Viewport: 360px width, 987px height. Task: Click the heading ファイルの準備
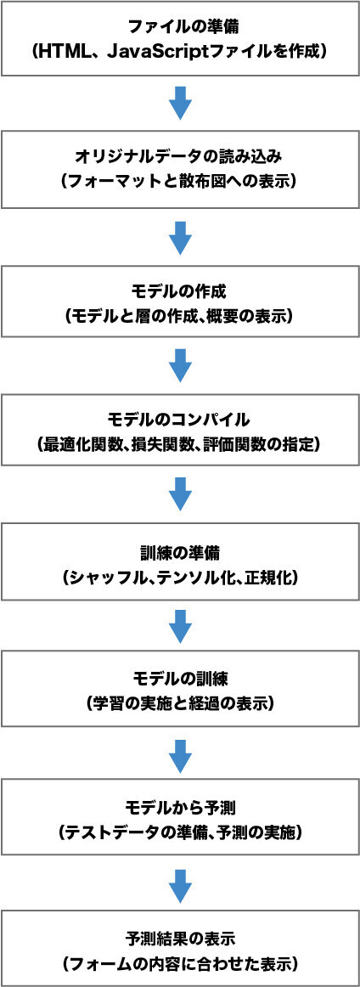coord(180,27)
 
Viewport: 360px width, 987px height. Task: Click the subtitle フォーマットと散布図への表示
coord(180,181)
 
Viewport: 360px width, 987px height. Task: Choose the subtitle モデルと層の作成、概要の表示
coord(180,315)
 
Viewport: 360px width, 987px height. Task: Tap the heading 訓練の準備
coord(180,550)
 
